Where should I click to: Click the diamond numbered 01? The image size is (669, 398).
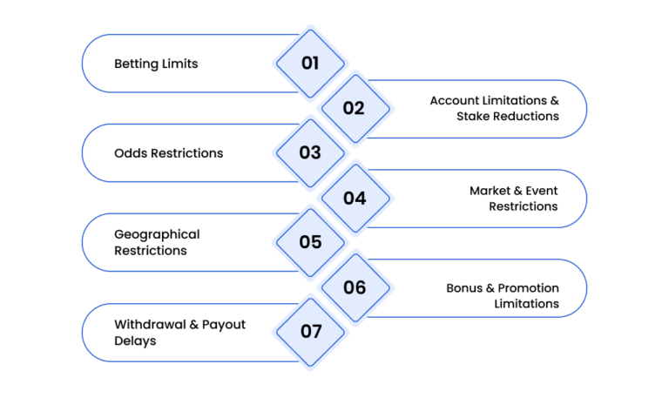click(310, 64)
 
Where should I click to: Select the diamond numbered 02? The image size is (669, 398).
click(355, 108)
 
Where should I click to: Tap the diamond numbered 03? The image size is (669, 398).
click(310, 152)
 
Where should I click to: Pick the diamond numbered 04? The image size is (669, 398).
click(355, 198)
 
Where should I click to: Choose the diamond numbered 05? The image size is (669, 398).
click(310, 242)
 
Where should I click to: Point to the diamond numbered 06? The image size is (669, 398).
click(355, 287)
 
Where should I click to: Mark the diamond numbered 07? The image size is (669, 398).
click(310, 332)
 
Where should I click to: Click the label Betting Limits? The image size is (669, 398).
click(156, 64)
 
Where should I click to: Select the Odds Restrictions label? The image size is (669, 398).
click(168, 152)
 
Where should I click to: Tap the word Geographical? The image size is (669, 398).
click(157, 235)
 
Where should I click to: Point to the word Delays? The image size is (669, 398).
click(135, 341)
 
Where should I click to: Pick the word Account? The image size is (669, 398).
click(455, 100)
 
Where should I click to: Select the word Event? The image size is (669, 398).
click(542, 190)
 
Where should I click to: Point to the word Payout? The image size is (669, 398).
click(224, 325)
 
